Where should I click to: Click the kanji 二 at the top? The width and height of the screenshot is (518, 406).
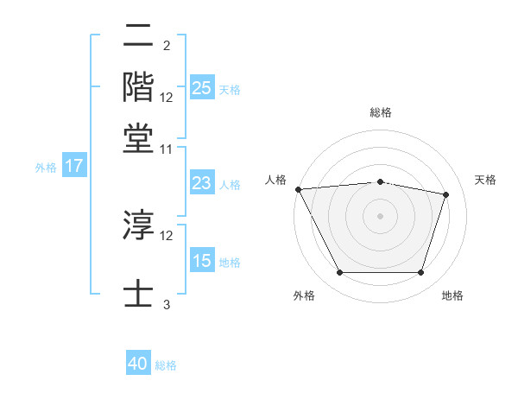coord(139,36)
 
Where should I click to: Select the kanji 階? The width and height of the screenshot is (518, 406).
coord(139,86)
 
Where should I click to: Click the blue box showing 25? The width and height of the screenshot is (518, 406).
coord(202,87)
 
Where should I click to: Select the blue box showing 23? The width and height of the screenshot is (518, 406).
coord(202,183)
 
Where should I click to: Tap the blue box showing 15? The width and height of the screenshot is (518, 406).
coord(202,261)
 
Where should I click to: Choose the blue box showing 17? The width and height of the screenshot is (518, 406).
coord(73,167)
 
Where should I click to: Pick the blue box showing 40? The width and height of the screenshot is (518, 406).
coord(138,364)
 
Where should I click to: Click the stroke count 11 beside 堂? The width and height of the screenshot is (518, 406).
coord(167,149)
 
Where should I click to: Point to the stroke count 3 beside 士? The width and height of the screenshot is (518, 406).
coord(167,304)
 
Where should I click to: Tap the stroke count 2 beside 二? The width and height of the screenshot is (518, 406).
coord(167,46)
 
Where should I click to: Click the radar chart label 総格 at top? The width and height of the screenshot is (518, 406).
coord(381,112)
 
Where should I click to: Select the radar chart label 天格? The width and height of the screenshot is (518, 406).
coord(485,180)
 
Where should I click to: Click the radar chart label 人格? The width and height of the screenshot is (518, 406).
coord(275,180)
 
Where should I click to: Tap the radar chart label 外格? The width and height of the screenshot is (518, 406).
coord(304,296)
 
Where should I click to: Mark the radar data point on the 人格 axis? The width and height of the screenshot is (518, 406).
coord(298,189)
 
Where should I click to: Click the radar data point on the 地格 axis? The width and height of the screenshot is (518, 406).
coord(420,273)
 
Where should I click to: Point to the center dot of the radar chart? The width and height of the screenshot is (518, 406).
coord(381,215)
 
